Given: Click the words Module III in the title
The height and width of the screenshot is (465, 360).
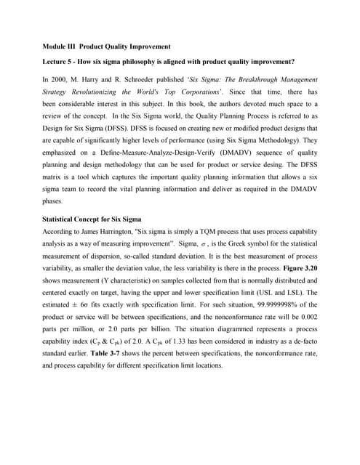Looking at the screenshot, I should pyautogui.click(x=57, y=46).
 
